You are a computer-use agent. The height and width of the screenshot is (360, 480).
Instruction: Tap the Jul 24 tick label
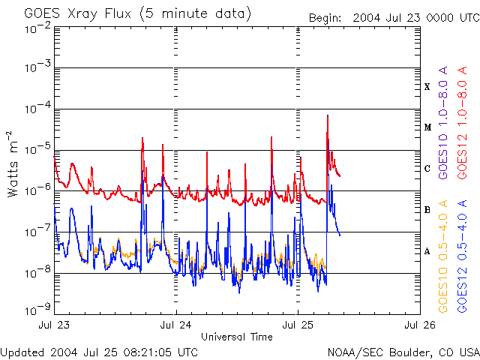click(176, 325)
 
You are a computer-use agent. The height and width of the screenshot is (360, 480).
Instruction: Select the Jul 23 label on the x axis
click(55, 325)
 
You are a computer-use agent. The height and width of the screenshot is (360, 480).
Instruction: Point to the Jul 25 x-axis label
click(298, 325)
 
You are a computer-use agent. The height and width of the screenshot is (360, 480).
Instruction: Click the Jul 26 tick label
click(418, 325)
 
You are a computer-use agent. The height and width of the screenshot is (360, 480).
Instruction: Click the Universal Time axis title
click(236, 337)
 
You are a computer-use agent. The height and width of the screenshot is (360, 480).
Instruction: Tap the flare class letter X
click(427, 87)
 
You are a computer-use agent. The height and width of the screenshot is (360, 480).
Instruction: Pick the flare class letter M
click(427, 127)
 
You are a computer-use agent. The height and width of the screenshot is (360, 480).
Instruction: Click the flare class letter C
click(427, 169)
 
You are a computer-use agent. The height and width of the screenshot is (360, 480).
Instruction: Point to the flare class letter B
click(427, 210)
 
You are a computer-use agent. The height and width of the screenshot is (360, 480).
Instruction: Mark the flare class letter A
click(427, 251)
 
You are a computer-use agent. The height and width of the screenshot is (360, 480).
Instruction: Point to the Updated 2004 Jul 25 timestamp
click(100, 352)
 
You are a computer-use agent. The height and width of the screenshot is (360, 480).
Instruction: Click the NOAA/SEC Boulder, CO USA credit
click(403, 352)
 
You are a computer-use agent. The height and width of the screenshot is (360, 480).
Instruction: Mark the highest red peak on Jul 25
click(327, 116)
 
